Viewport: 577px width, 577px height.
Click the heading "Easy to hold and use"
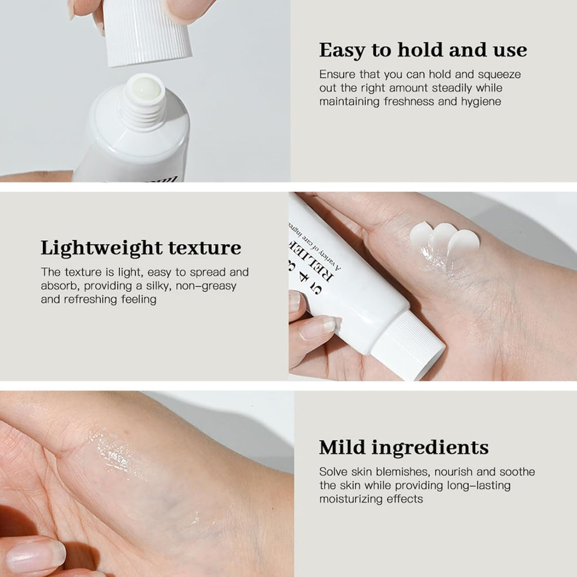coord(423,50)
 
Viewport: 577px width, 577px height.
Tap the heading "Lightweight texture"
coord(141,248)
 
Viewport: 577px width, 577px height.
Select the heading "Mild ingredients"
coord(403,447)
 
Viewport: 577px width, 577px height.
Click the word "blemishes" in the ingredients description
coord(405,472)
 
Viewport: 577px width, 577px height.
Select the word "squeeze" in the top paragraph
coord(501,74)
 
